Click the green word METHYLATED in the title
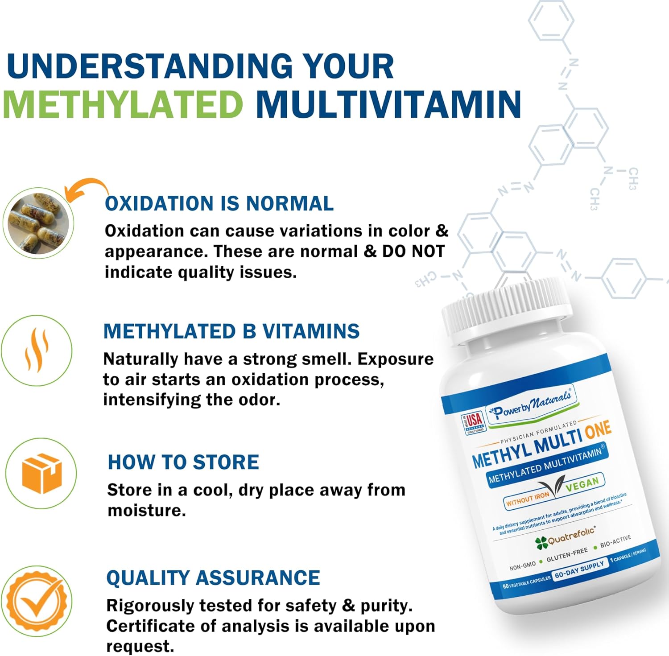123,104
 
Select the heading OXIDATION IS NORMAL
219,203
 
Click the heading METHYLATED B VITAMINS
231,331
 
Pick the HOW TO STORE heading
183,462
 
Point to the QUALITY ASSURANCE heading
213,578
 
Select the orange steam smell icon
37,351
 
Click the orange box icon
41,473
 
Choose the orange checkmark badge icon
37,602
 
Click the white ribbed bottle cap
507,312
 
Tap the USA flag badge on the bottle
473,422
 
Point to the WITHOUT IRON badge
528,499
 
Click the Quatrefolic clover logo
541,543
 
